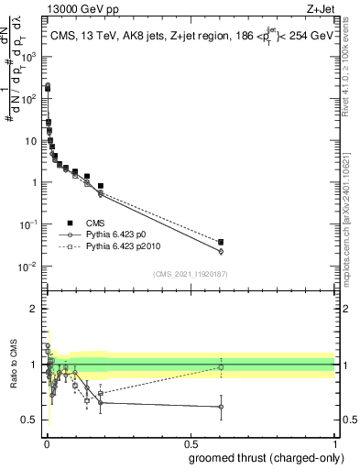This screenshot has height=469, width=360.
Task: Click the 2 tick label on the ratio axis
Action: click(x=33, y=309)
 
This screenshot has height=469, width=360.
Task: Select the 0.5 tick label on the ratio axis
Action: click(x=29, y=420)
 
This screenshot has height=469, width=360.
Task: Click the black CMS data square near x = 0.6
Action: click(x=221, y=242)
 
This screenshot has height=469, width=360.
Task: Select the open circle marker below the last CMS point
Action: click(x=221, y=251)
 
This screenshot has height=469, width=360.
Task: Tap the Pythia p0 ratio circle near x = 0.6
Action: click(x=221, y=407)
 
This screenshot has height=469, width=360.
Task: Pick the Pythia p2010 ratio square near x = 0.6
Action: click(x=221, y=367)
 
